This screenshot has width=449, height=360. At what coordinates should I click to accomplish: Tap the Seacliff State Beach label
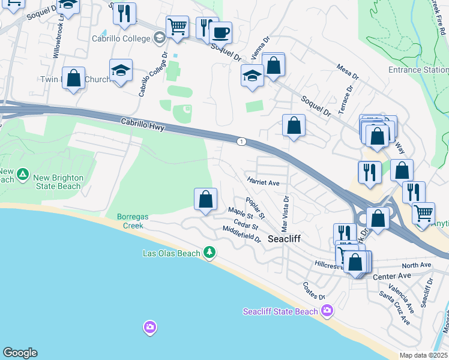tap(280, 311)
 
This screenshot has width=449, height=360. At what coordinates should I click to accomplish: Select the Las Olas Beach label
tap(171, 253)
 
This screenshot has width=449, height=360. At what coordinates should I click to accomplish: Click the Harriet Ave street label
tap(263, 181)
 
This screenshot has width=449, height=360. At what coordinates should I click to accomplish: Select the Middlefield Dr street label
tap(241, 234)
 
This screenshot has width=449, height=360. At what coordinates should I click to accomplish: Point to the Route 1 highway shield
tap(241, 142)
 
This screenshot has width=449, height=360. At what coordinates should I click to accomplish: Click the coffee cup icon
tap(221, 32)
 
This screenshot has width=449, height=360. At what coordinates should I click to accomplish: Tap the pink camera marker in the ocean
tap(149, 327)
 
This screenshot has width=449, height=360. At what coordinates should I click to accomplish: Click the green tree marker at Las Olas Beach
tap(209, 253)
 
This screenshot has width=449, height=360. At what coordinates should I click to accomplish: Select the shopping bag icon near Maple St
tap(205, 199)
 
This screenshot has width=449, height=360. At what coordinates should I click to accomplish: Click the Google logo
tap(20, 353)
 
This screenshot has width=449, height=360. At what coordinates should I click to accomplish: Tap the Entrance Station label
tap(418, 70)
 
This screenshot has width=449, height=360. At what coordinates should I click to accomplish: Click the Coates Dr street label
tap(313, 292)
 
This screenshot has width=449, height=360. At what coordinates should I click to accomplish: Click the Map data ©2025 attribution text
tap(423, 355)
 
